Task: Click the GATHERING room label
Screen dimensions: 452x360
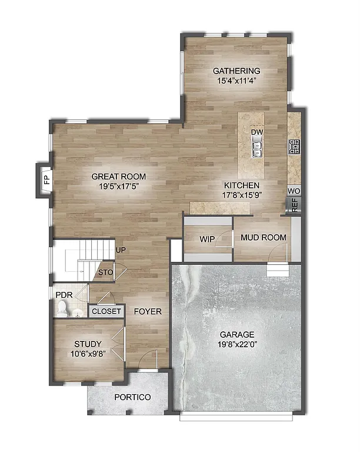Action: pyautogui.click(x=236, y=71)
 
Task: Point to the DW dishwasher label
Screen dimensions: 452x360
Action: pyautogui.click(x=256, y=132)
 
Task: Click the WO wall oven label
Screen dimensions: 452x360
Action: pyautogui.click(x=294, y=191)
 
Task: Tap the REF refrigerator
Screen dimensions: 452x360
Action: pyautogui.click(x=294, y=205)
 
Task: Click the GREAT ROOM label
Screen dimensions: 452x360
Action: pyautogui.click(x=119, y=177)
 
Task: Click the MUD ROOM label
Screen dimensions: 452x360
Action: pyautogui.click(x=264, y=238)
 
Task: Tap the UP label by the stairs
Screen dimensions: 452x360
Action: pyautogui.click(x=121, y=250)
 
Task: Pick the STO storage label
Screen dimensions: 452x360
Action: pyautogui.click(x=105, y=272)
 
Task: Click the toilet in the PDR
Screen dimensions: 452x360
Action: pyautogui.click(x=62, y=308)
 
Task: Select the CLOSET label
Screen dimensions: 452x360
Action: pyautogui.click(x=106, y=311)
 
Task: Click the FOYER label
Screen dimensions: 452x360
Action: pyautogui.click(x=148, y=311)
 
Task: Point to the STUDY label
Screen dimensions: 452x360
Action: pyautogui.click(x=87, y=344)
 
